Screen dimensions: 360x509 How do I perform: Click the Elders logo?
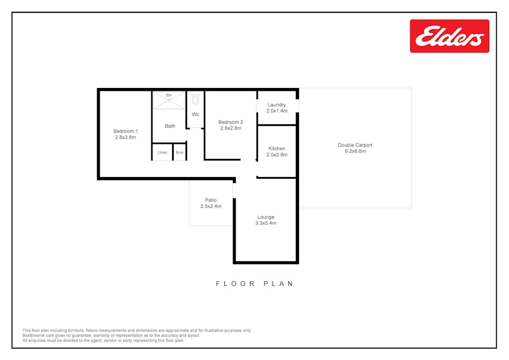pyautogui.click(x=449, y=36)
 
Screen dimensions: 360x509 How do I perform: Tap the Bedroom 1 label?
pyautogui.click(x=126, y=131)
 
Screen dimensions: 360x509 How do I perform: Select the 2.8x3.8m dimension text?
pyautogui.click(x=126, y=137)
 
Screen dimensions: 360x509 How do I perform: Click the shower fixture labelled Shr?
pyautogui.click(x=169, y=100)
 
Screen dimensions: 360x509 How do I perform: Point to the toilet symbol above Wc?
pyautogui.click(x=195, y=99)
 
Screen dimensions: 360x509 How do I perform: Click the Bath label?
pyautogui.click(x=170, y=126)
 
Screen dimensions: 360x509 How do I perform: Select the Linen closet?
pyautogui.click(x=163, y=153)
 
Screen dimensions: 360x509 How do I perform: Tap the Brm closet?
pyautogui.click(x=180, y=153)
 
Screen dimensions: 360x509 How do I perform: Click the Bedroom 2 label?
pyautogui.click(x=231, y=122)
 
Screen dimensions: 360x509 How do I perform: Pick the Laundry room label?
pyautogui.click(x=277, y=105)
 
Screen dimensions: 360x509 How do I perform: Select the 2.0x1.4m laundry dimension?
pyautogui.click(x=277, y=111)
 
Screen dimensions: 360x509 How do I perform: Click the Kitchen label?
pyautogui.click(x=277, y=149)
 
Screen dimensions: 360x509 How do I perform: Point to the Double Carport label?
pyautogui.click(x=355, y=145)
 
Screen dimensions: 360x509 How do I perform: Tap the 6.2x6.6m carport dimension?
pyautogui.click(x=355, y=151)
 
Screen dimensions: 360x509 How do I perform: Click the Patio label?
pyautogui.click(x=211, y=200)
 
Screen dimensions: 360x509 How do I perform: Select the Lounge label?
pyautogui.click(x=265, y=217)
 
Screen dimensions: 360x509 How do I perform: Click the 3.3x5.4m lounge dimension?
pyautogui.click(x=265, y=223)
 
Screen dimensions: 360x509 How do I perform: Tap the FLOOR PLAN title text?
pyautogui.click(x=255, y=284)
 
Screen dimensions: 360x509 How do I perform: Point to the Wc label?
pyautogui.click(x=195, y=114)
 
